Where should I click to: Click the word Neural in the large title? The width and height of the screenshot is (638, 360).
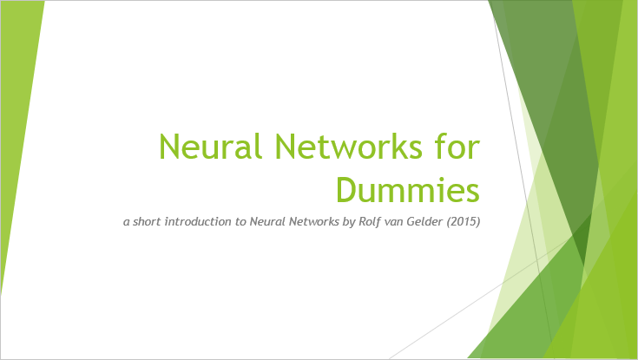point(210,146)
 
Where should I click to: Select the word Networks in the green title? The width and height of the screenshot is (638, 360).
point(349,146)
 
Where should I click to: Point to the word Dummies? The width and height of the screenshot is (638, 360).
point(408,189)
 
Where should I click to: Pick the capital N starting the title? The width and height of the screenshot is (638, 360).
point(169,147)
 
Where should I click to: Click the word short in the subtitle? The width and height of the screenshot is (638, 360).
point(144,221)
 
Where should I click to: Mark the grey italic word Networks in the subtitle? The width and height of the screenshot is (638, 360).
point(313,221)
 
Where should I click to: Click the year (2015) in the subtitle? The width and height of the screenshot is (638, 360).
point(464,222)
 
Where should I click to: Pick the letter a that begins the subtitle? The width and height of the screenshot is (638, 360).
point(127,223)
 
